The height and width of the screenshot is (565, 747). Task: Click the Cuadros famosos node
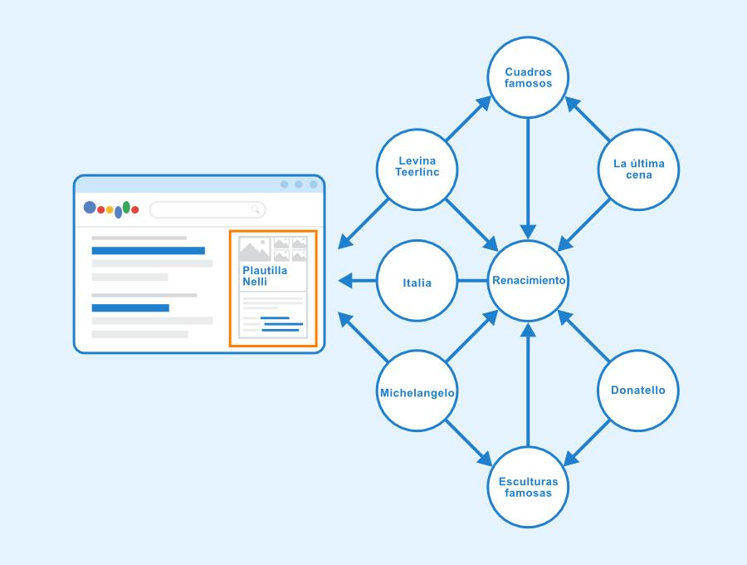tap(528, 77)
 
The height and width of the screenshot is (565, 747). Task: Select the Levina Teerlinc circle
tap(417, 169)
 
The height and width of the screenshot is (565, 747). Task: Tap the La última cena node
tap(638, 169)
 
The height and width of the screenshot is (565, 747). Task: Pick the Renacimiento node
tap(528, 280)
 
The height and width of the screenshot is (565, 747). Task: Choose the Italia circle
tap(417, 280)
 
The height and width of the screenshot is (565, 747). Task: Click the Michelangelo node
tap(417, 391)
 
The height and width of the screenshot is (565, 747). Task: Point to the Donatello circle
tap(638, 391)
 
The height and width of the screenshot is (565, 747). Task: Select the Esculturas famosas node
tap(528, 487)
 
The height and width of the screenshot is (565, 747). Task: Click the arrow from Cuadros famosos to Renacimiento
tap(528, 179)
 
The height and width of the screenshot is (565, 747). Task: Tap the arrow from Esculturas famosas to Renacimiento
tap(528, 385)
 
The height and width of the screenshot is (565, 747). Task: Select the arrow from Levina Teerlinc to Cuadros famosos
tap(468, 118)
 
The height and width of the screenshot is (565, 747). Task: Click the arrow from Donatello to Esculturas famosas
tap(587, 443)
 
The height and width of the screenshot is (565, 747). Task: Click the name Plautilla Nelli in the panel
tap(265, 276)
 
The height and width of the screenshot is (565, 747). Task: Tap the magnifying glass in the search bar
tap(256, 209)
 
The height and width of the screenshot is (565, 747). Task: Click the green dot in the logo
tap(126, 207)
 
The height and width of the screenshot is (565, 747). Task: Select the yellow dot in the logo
tap(110, 209)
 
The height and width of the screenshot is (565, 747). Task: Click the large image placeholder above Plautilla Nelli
tap(255, 249)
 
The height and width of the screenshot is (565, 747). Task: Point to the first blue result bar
tap(149, 251)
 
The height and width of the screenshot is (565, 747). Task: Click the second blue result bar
tap(130, 308)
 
